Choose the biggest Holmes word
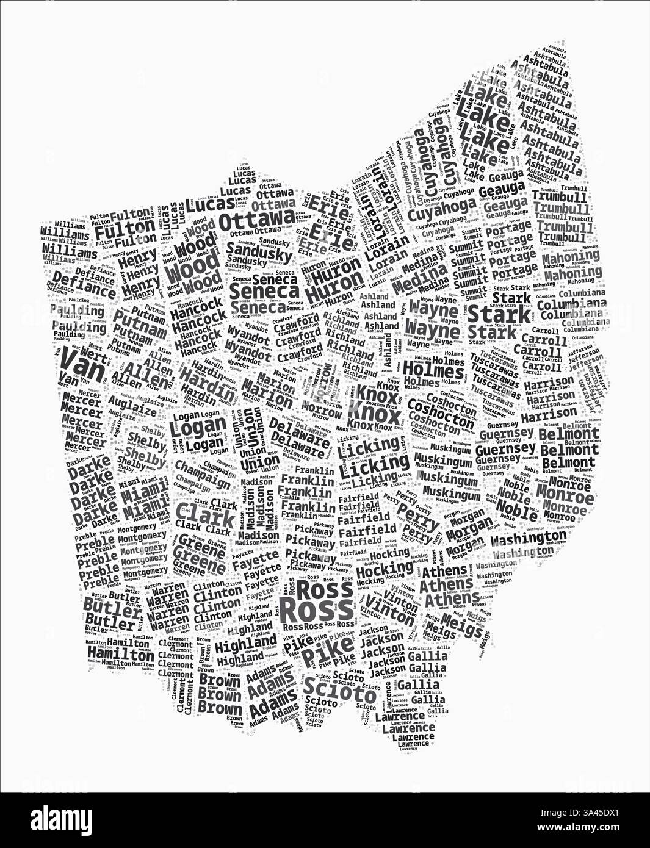(x=433, y=369)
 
